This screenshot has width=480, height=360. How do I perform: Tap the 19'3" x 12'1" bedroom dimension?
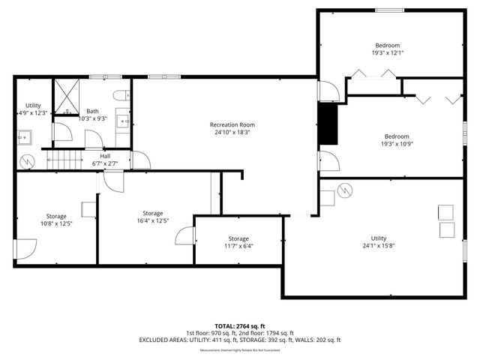387,53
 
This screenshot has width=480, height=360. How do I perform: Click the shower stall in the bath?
67,96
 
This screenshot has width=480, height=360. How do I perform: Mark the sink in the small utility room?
25,136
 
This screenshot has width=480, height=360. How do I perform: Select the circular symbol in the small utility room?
25,161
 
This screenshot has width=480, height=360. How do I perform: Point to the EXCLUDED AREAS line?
239,340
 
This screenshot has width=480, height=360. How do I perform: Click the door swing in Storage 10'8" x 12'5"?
26,247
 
